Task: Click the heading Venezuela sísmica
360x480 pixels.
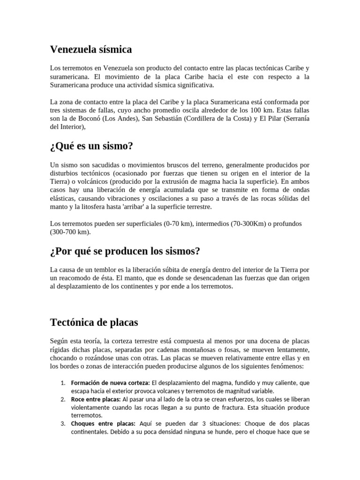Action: pyautogui.click(x=90, y=49)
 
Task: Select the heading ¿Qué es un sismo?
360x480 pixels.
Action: pyautogui.click(x=91, y=146)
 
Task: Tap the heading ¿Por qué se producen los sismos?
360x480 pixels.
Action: pyautogui.click(x=125, y=251)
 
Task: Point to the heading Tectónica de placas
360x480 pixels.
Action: pyautogui.click(x=93, y=322)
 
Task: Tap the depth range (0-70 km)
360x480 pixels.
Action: pyautogui.click(x=174, y=224)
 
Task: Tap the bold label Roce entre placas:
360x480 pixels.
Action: pyautogui.click(x=96, y=399)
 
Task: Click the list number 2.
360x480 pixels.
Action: pyautogui.click(x=62, y=399)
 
